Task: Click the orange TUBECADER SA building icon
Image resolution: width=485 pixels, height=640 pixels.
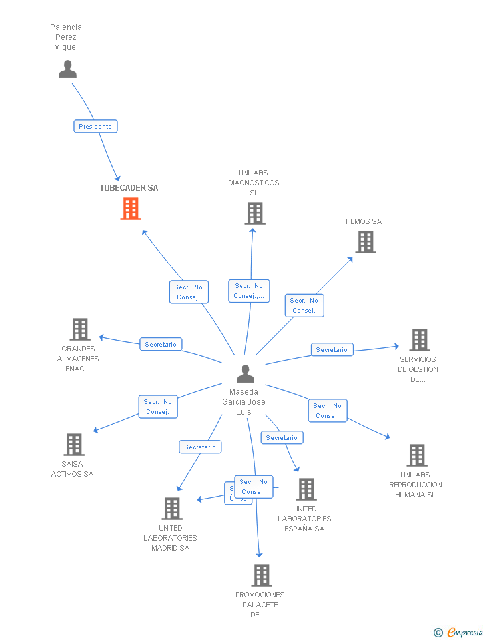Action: click(x=131, y=209)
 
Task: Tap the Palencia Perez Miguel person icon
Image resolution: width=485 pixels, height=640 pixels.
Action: click(x=67, y=69)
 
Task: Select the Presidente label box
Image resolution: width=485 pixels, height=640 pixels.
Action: click(x=95, y=126)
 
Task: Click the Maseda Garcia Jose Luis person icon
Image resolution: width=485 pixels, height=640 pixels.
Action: click(x=245, y=374)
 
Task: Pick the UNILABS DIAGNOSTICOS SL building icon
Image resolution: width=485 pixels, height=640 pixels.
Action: click(x=254, y=213)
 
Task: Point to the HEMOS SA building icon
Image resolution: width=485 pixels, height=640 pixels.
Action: click(x=365, y=242)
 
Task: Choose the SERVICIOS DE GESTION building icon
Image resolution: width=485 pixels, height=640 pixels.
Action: click(x=419, y=340)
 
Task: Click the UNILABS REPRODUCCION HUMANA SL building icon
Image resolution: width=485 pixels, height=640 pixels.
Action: click(x=416, y=455)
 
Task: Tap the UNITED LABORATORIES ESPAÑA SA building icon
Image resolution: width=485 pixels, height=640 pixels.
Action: click(x=306, y=489)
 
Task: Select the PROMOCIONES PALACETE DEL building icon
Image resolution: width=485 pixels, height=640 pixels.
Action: click(x=261, y=575)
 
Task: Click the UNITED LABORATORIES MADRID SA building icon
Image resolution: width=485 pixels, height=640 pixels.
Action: click(x=171, y=509)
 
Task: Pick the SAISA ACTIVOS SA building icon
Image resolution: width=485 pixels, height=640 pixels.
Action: click(x=73, y=445)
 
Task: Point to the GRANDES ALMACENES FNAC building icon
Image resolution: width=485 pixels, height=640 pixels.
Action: click(x=80, y=329)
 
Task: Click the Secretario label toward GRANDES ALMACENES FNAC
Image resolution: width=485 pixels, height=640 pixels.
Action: click(x=161, y=344)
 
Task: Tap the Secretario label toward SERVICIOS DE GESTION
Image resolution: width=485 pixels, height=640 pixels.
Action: click(x=332, y=349)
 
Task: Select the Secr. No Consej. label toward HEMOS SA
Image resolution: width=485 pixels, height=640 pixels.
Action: click(x=304, y=305)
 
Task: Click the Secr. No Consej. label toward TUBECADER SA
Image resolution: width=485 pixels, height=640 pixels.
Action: click(x=189, y=292)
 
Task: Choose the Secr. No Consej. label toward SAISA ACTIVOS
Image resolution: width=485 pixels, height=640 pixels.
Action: click(x=158, y=407)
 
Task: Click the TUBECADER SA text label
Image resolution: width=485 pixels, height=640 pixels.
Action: click(x=129, y=188)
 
